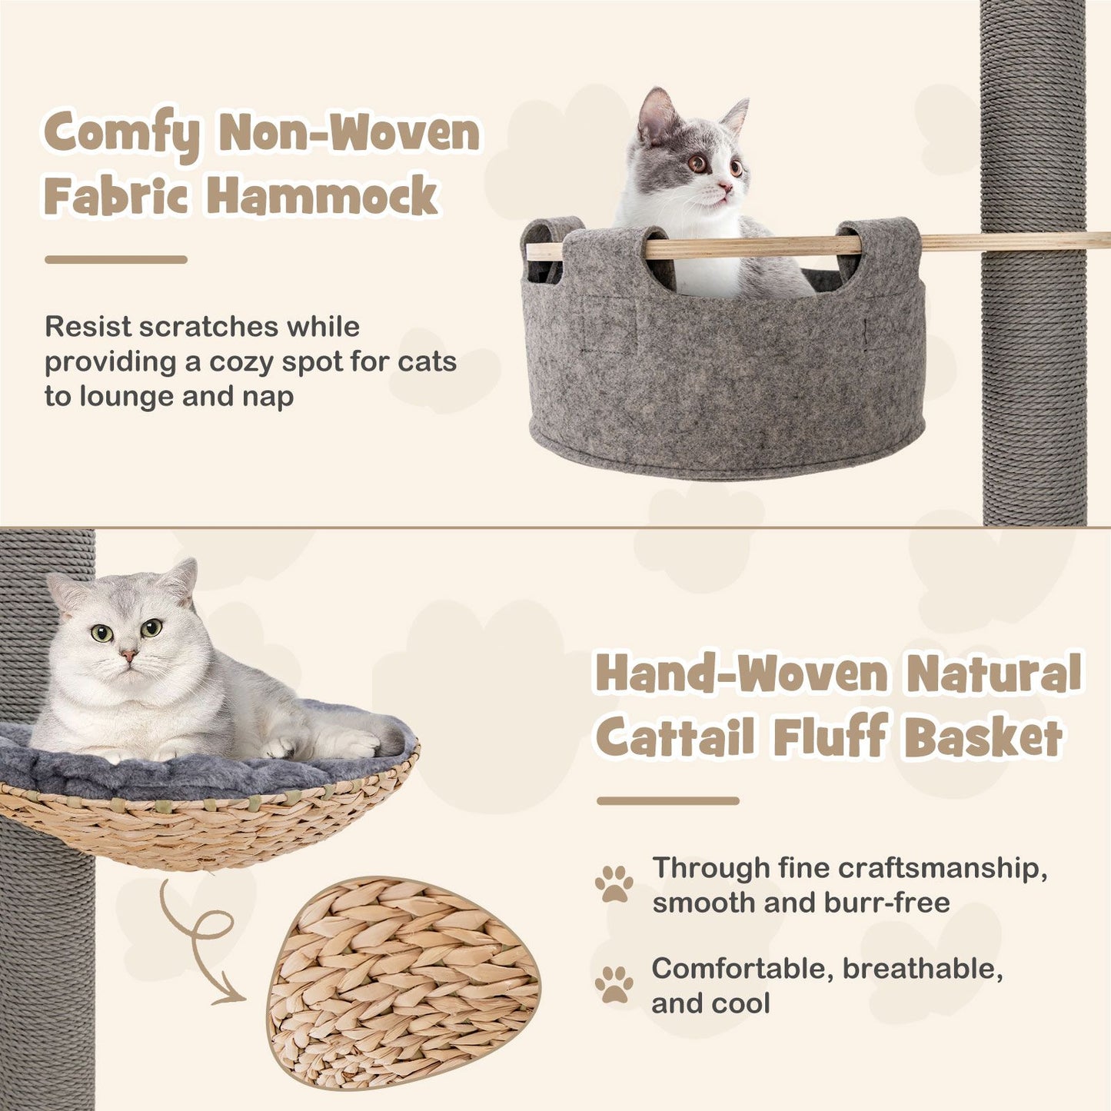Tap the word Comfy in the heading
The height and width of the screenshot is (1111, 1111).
pyautogui.click(x=121, y=134)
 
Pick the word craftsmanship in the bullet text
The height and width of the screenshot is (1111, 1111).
pyautogui.click(x=942, y=868)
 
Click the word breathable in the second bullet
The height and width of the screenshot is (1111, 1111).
pyautogui.click(x=923, y=969)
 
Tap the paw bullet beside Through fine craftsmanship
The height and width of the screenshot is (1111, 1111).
pyautogui.click(x=614, y=883)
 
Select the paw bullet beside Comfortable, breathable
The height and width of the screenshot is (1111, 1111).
pyautogui.click(x=614, y=984)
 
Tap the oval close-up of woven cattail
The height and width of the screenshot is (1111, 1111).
pyautogui.click(x=404, y=984)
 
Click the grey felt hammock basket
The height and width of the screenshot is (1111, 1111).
pyautogui.click(x=723, y=369)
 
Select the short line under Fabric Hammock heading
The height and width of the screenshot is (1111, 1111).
pyautogui.click(x=116, y=260)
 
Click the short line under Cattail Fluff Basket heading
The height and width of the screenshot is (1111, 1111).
pyautogui.click(x=667, y=801)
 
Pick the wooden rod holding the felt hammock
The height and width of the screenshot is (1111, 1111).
pyautogui.click(x=1000, y=243)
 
